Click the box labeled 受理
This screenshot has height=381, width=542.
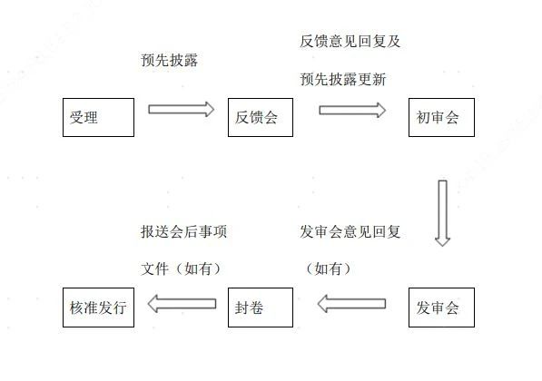[x=99, y=117]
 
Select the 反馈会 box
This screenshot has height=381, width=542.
[x=261, y=117]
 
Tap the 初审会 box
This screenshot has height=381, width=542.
[x=441, y=117]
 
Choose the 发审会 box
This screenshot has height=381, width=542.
[x=441, y=308]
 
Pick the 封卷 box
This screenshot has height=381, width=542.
[x=261, y=308]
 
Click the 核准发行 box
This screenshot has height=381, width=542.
[x=99, y=308]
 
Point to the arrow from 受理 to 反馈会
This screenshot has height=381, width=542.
[x=182, y=110]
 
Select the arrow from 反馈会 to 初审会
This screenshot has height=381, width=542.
[x=352, y=110]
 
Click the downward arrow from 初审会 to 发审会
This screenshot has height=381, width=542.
[x=442, y=213]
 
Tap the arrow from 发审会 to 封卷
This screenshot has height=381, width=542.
[x=351, y=304]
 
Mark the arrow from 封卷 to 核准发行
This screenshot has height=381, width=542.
[x=182, y=304]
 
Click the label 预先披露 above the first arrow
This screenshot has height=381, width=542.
[x=170, y=60]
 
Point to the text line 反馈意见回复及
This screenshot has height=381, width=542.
[x=350, y=41]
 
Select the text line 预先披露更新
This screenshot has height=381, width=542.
[x=343, y=79]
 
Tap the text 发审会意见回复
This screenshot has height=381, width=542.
[x=350, y=231]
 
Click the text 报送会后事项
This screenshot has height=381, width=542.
[x=184, y=231]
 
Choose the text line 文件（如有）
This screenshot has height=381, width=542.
[x=181, y=269]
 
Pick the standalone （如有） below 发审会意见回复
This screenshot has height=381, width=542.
[x=329, y=269]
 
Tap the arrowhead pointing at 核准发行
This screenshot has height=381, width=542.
[x=153, y=304]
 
